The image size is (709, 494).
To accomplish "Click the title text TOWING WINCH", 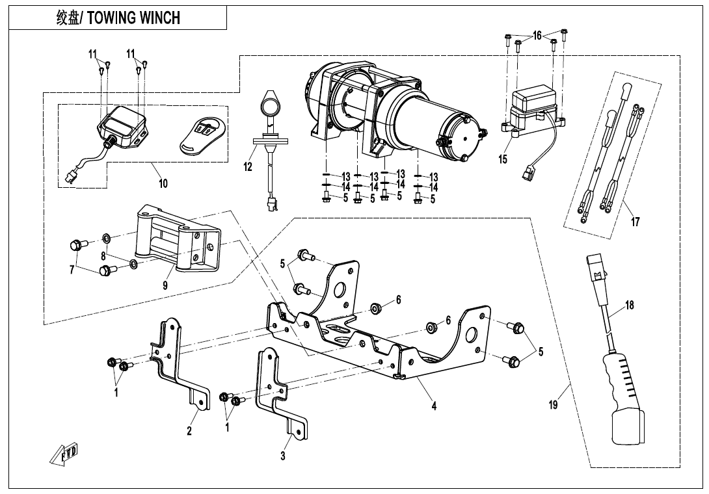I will tap(133, 18).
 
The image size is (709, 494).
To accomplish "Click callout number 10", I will tap(163, 184).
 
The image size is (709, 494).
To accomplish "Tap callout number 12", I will tap(248, 167).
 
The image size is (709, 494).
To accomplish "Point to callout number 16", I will tap(537, 36).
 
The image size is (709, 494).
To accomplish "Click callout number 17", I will tap(635, 222).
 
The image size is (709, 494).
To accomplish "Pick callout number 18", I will tap(630, 305).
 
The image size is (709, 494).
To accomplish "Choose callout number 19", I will tap(554, 406).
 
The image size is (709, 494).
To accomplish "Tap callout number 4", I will tap(433, 406).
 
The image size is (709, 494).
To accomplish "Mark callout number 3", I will tap(283, 456).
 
